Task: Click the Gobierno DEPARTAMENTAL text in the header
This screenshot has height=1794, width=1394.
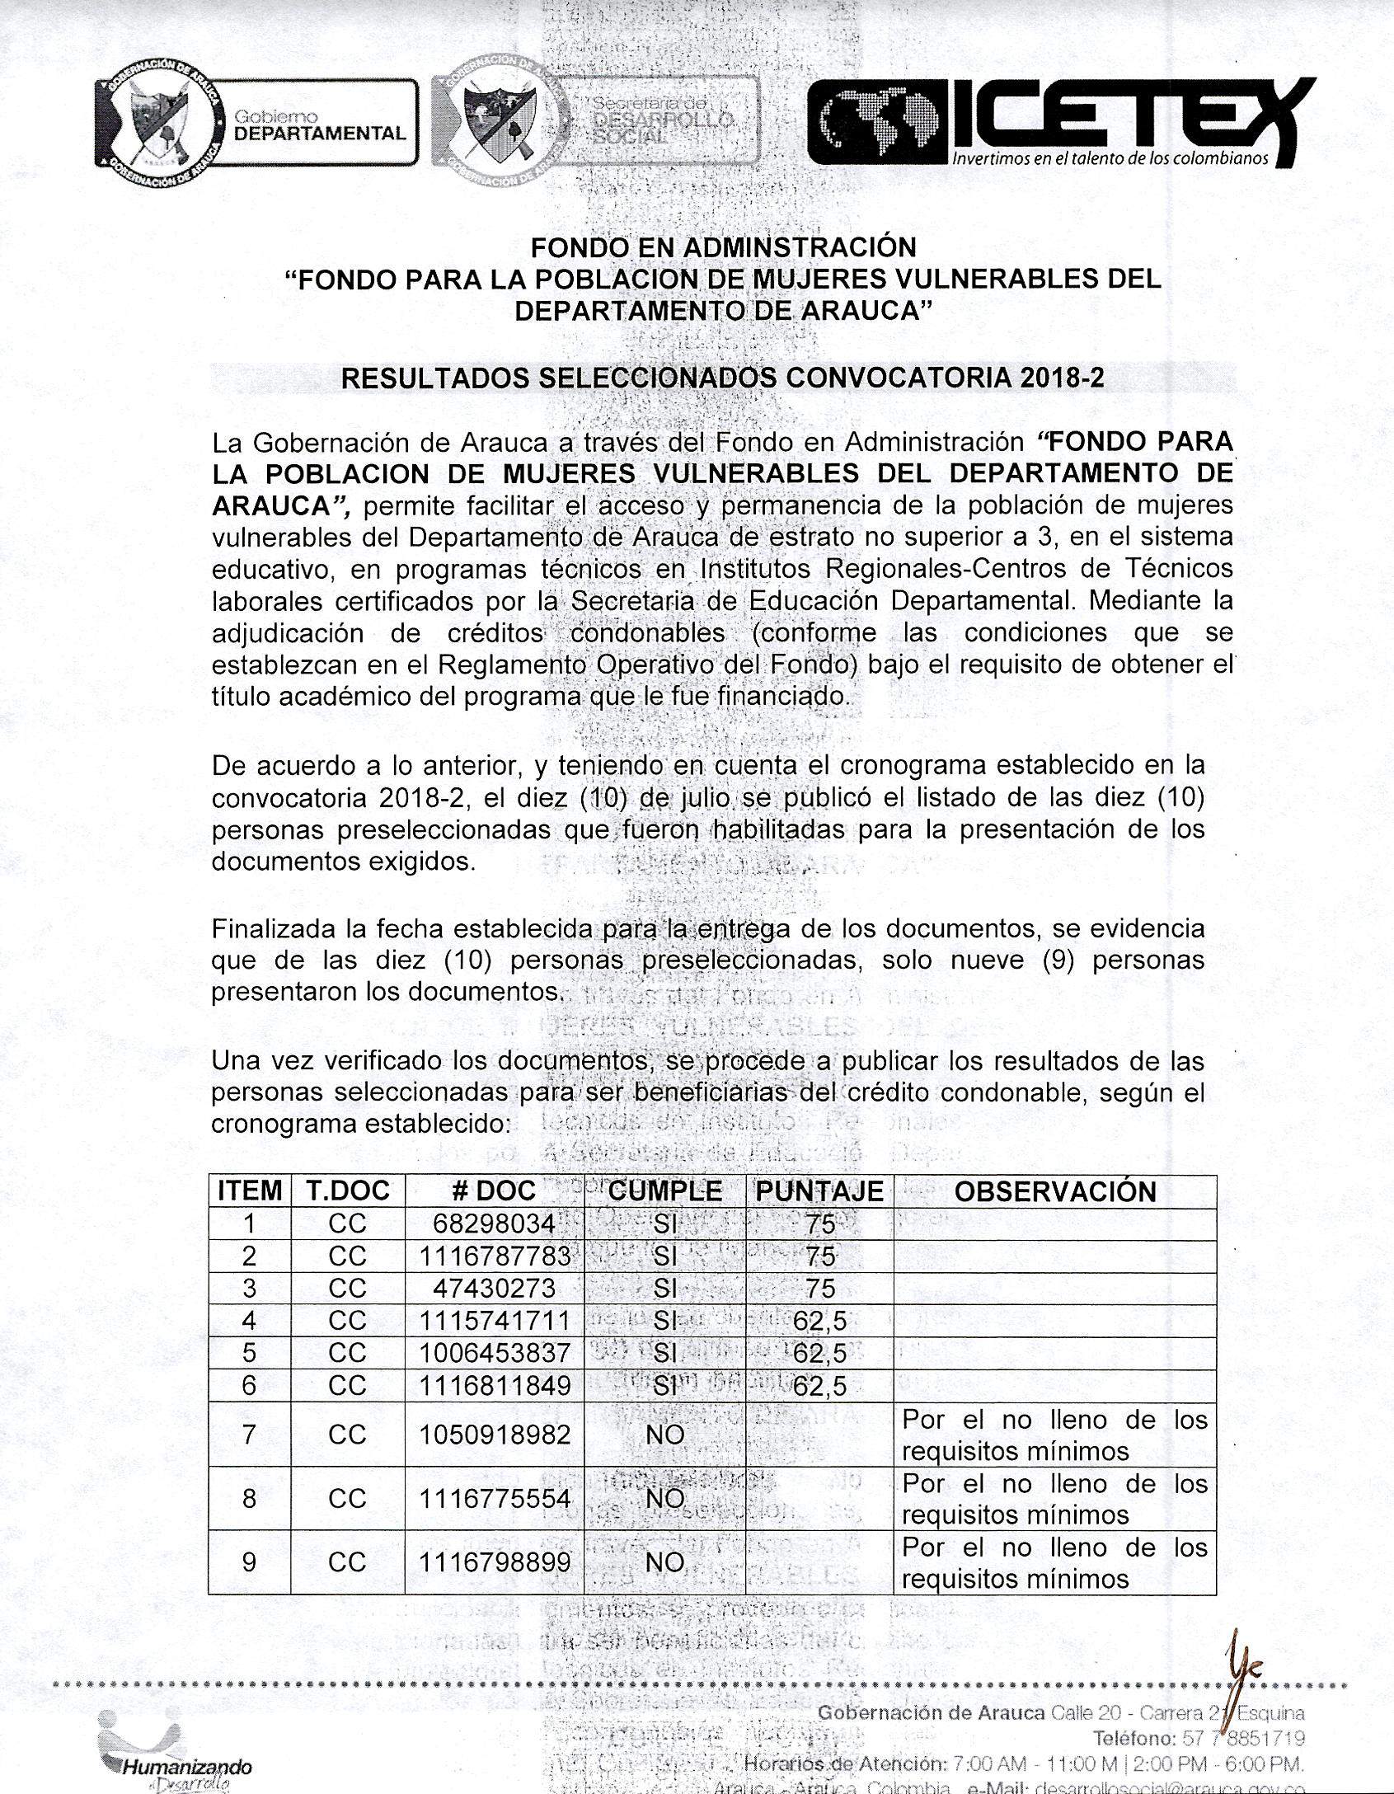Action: click(x=320, y=126)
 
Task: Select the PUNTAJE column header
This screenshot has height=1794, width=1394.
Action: click(x=819, y=1191)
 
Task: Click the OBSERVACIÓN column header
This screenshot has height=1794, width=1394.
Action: click(x=1054, y=1191)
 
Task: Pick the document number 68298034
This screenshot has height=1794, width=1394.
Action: click(x=494, y=1223)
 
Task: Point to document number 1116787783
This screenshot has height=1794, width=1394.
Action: click(x=494, y=1256)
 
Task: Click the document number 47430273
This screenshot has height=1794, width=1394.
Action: click(x=494, y=1288)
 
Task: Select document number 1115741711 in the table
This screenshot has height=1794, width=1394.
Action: click(x=494, y=1321)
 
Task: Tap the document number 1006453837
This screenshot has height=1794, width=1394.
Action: click(x=494, y=1353)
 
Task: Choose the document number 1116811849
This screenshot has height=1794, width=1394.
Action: click(x=494, y=1385)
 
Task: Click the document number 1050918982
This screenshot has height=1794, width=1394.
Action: click(x=494, y=1435)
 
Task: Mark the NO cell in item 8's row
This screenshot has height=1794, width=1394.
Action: click(x=664, y=1498)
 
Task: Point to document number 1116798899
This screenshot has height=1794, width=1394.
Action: click(x=494, y=1562)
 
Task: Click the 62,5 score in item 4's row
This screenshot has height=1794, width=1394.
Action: click(x=819, y=1321)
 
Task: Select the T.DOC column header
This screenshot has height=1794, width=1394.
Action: click(x=347, y=1191)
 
